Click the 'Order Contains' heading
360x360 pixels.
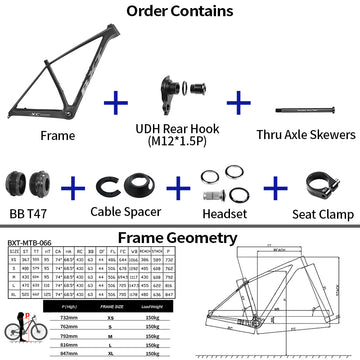point(180,13)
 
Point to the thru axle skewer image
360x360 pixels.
point(306,104)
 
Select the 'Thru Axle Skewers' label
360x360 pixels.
point(306,134)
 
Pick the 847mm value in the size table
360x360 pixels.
point(71,353)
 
